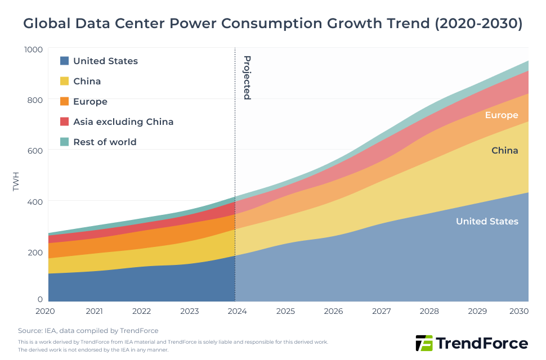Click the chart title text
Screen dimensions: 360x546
tap(272, 24)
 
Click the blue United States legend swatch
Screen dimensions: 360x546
tap(64, 61)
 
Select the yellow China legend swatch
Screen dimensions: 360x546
tap(64, 81)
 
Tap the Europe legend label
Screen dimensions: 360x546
tap(90, 101)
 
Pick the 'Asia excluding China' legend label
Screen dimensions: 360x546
tap(123, 121)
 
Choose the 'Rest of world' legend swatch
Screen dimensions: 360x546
tap(64, 142)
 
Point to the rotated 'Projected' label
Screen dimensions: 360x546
tap(247, 78)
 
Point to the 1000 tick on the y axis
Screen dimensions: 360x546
tap(33, 49)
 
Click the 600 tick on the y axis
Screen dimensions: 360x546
tap(35, 150)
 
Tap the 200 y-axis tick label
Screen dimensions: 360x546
tap(35, 251)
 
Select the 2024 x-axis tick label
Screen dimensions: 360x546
tap(237, 311)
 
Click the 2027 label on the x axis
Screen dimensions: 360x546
tap(381, 311)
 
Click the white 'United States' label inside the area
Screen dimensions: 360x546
tap(487, 221)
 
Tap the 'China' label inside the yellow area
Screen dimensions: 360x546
tap(504, 150)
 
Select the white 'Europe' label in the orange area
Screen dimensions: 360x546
tap(501, 115)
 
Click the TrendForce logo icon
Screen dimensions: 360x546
tap(424, 343)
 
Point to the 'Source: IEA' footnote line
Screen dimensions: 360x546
tap(88, 331)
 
